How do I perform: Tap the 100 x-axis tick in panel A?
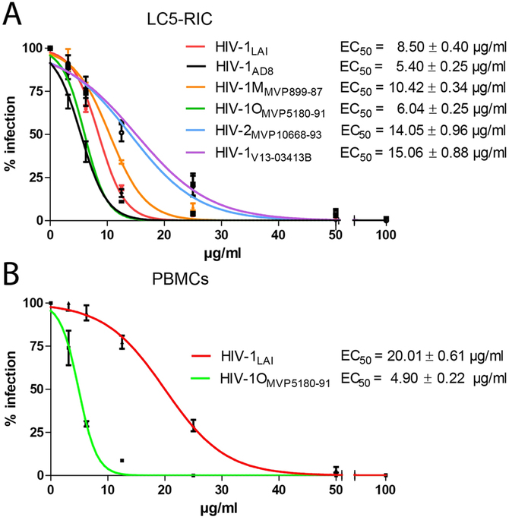click(x=386, y=235)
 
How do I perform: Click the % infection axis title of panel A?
click(x=11, y=134)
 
